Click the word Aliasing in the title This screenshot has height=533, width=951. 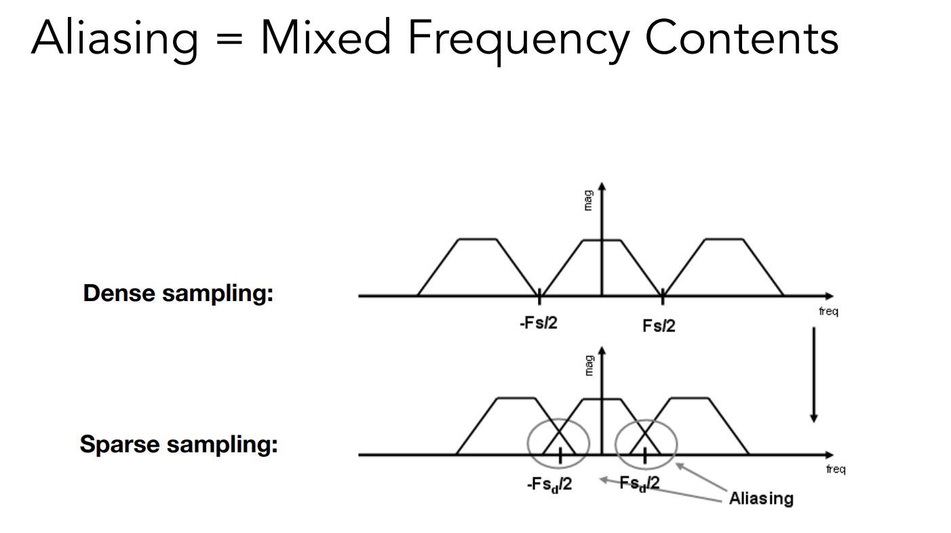point(113,39)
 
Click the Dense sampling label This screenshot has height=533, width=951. point(178,294)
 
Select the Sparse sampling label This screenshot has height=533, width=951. point(178,444)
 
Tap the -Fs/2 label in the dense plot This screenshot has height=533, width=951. point(539,323)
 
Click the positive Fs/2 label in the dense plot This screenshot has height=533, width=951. point(659,325)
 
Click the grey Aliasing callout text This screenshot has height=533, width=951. point(760,498)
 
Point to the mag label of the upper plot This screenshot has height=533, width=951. point(587,200)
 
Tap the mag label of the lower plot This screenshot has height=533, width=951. point(588,365)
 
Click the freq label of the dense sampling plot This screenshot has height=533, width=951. point(828,312)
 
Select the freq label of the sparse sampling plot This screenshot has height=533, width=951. point(835,469)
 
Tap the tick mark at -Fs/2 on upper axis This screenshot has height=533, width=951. point(539,296)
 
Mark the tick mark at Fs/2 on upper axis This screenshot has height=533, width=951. point(662,296)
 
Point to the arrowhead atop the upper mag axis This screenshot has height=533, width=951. point(602,186)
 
